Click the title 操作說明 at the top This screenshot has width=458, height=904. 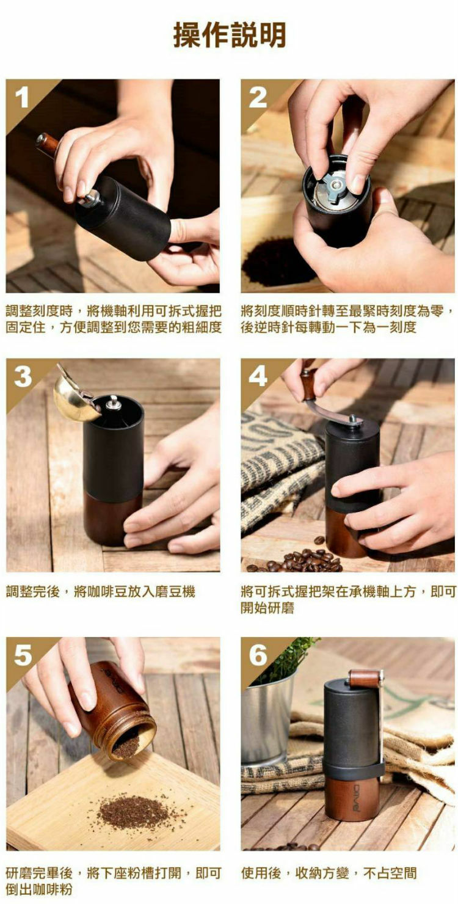tap(229, 35)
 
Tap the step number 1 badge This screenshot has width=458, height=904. tap(22, 97)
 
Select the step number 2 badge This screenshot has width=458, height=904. tap(258, 97)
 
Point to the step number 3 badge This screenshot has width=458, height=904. tap(23, 376)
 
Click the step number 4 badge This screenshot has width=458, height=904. tap(258, 376)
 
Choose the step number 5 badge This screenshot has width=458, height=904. tap(23, 655)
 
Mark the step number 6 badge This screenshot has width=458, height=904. tap(258, 655)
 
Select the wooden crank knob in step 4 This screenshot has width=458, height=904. tap(309, 381)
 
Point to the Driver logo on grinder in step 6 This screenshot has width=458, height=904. tap(356, 797)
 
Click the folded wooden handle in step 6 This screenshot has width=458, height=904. tap(365, 679)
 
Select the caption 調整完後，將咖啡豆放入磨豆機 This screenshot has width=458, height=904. tap(101, 592)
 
